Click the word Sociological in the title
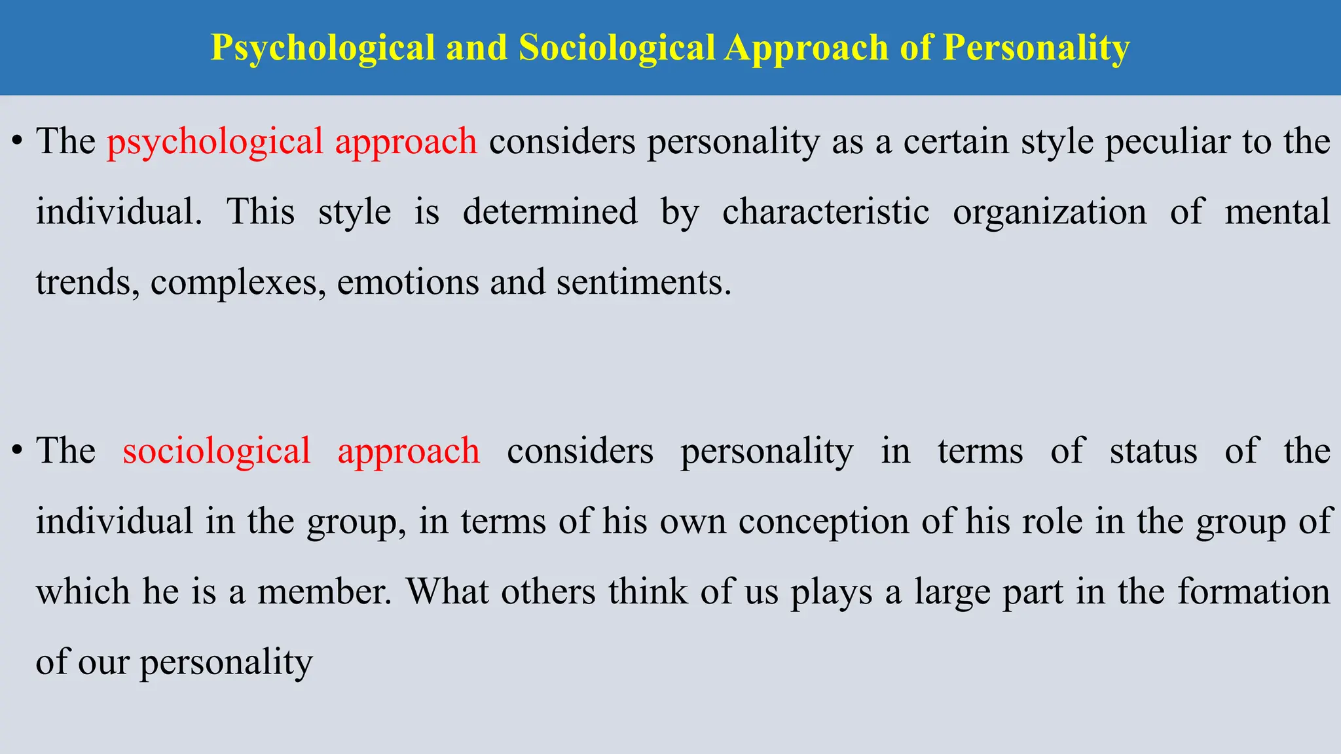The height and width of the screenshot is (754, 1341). tap(616, 48)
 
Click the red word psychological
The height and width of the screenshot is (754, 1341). tap(215, 142)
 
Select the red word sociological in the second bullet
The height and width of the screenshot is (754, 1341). tap(217, 451)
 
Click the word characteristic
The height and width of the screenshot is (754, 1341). tap(826, 212)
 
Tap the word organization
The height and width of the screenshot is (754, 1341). tap(1050, 212)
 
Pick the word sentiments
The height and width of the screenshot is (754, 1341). tap(643, 283)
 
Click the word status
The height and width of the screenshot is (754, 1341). tap(1154, 451)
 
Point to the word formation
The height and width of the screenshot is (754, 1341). tap(1254, 592)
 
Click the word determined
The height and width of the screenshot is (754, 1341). tap(550, 212)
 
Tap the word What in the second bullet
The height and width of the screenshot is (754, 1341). tap(447, 592)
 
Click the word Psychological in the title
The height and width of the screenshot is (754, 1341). tap(323, 48)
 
